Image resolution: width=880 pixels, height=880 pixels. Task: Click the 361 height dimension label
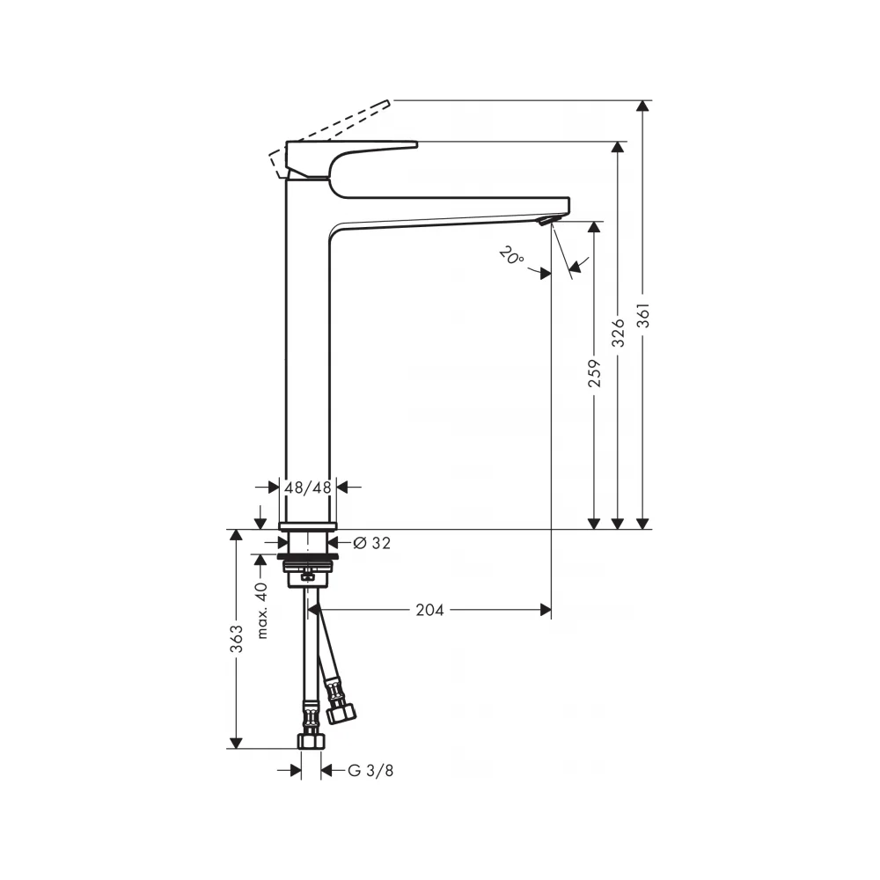click(x=644, y=315)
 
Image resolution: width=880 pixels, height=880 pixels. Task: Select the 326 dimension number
click(x=618, y=333)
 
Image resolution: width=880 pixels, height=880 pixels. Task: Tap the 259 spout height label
click(x=594, y=374)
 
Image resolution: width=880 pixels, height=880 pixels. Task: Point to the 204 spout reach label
click(x=430, y=610)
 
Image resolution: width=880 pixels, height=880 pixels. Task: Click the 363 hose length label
click(x=237, y=639)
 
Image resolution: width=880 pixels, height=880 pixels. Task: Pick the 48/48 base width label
click(x=307, y=488)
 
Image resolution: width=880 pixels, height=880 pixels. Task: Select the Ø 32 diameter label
click(x=372, y=543)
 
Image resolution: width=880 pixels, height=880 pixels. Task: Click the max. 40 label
click(x=261, y=611)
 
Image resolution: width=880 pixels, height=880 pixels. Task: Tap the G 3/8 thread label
click(x=370, y=771)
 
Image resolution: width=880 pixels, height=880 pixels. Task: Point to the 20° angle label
click(x=511, y=256)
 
